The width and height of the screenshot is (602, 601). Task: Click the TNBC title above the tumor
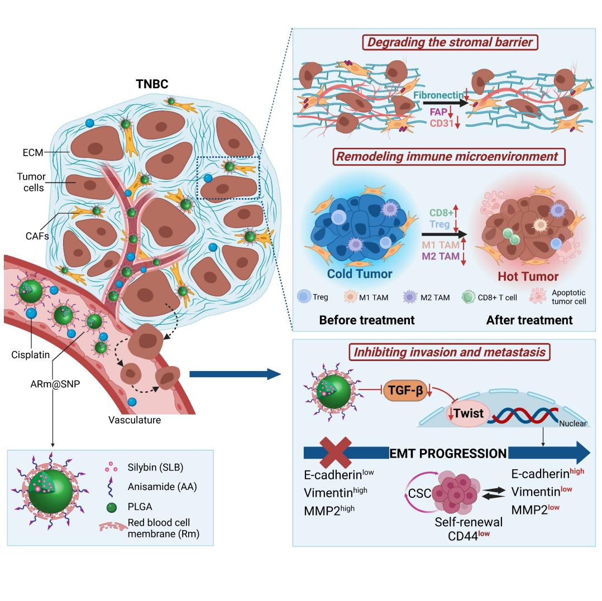152,84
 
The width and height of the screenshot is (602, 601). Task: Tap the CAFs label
40,235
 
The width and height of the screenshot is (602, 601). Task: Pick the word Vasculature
135,420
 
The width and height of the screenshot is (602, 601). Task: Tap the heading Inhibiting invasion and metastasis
446,352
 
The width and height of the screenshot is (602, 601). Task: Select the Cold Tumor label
359,274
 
